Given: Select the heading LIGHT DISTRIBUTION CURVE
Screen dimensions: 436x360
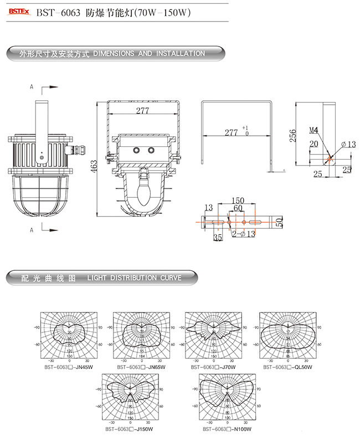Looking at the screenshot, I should tap(134, 278).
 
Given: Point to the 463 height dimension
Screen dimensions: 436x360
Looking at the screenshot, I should tap(94, 165).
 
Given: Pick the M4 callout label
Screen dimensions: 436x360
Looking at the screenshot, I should tap(313, 131).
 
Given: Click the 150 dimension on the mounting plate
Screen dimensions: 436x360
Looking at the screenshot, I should tap(237, 200).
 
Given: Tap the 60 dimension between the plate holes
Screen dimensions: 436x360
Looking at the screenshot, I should tap(237, 208).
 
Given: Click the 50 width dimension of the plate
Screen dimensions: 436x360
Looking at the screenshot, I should tap(280, 222).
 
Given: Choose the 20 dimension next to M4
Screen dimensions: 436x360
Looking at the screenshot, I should tap(313, 143).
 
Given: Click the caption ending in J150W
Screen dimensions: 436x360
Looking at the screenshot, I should tap(128, 428).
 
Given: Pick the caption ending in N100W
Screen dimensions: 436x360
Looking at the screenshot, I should tap(227, 428).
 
